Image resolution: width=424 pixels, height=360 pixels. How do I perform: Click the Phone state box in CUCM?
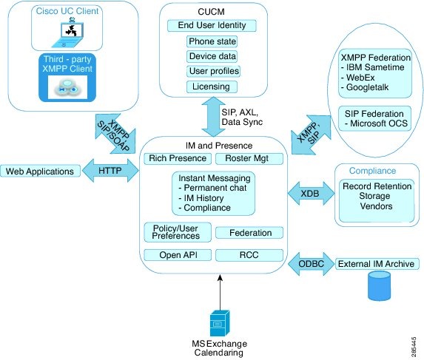(208, 41)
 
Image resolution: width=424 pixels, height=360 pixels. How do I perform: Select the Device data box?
(208, 55)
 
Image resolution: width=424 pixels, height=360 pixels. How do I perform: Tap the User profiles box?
(208, 71)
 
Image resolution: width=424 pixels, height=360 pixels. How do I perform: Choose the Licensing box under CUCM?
(208, 86)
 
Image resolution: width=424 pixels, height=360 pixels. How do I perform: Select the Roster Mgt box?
(249, 157)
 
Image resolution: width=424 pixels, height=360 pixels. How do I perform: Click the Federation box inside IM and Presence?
(249, 233)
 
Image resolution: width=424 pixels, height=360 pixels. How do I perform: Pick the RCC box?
(249, 255)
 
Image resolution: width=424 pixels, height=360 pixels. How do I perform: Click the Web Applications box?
(40, 171)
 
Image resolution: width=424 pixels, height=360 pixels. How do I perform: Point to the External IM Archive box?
(376, 263)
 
